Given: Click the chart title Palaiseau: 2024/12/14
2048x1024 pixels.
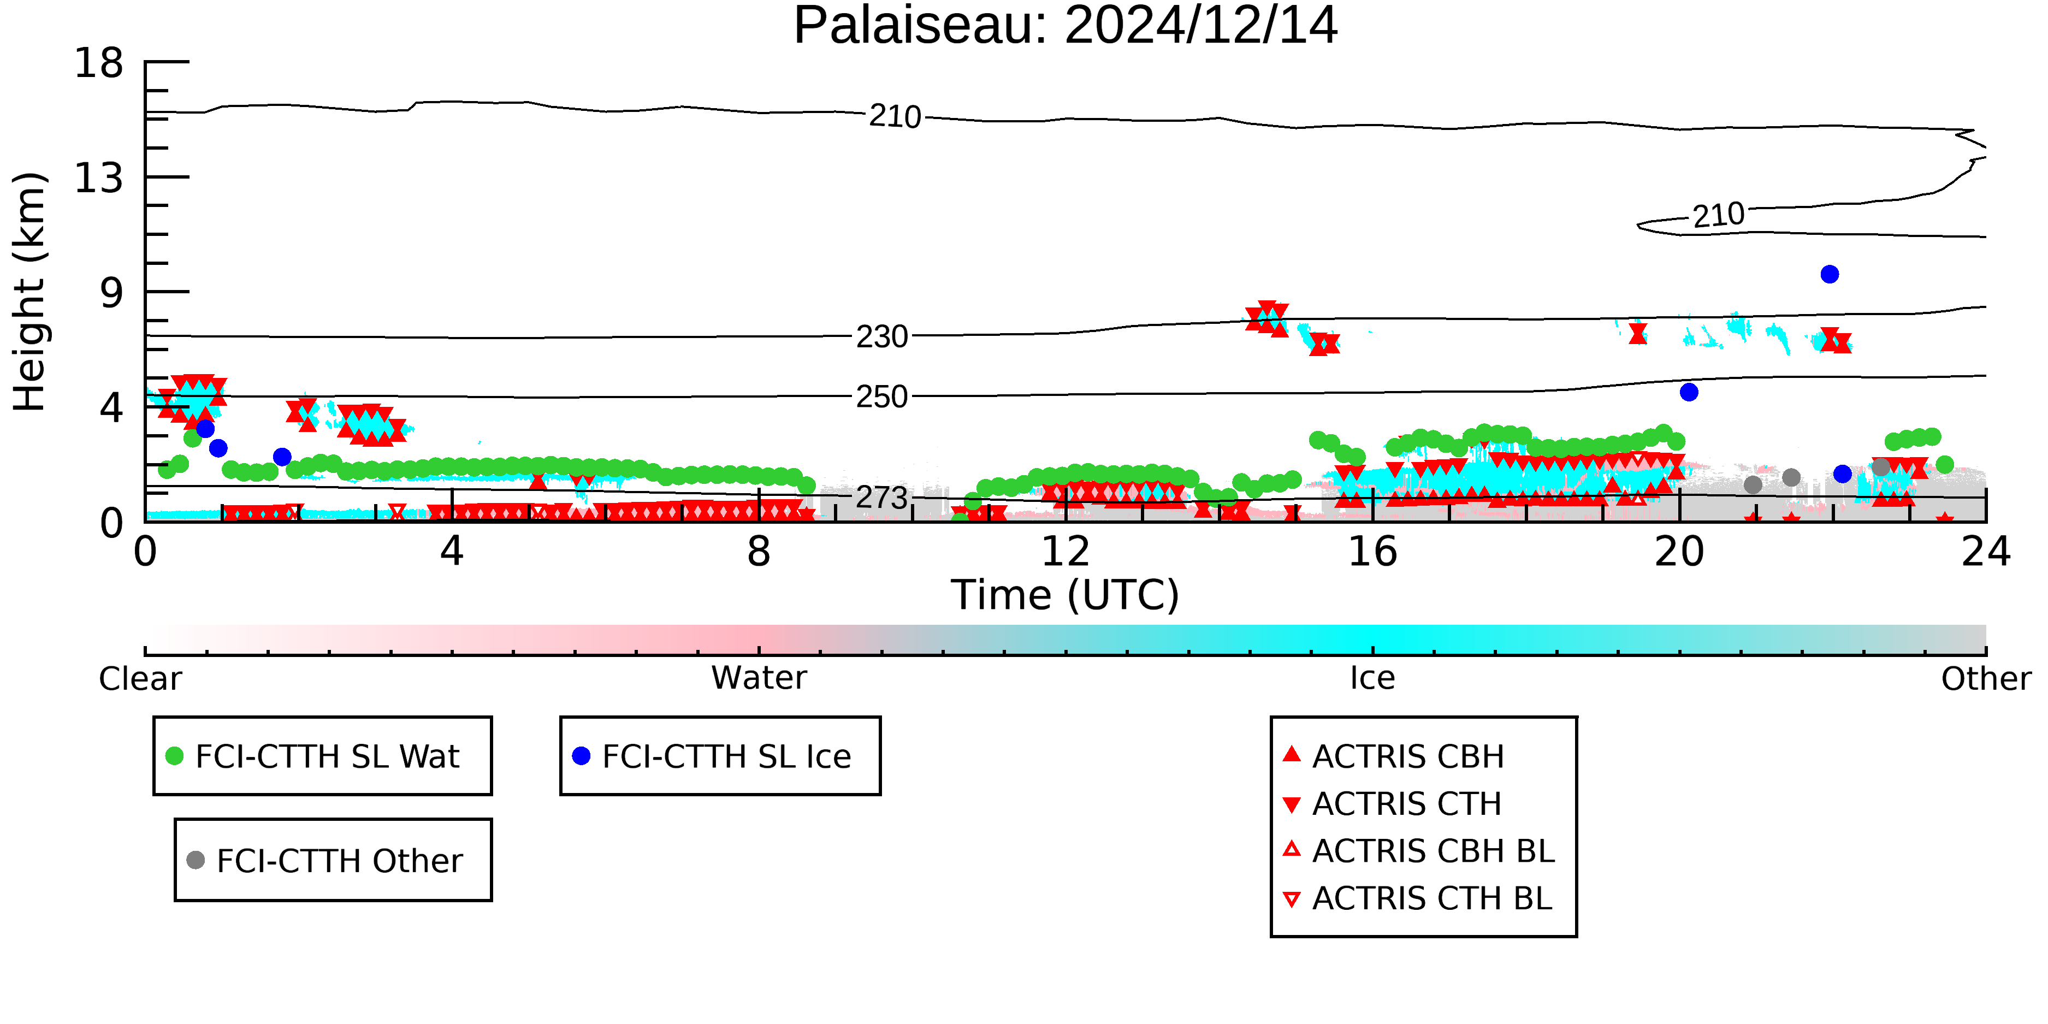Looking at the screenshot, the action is coord(1066,26).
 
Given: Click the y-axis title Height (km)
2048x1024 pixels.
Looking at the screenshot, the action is coord(29,292).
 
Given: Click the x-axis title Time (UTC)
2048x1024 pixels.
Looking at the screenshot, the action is coord(1066,595).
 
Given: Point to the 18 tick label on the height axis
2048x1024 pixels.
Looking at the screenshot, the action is coord(99,63).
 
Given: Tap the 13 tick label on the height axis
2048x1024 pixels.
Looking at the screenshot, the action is coord(99,178).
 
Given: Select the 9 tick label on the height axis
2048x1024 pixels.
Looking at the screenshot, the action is coord(112,293).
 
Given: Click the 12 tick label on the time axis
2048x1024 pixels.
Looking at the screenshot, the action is coord(1066,552).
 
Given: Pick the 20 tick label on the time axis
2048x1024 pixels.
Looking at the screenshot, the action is coord(1679,552).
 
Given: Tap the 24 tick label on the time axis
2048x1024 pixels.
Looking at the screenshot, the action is coord(1986,552).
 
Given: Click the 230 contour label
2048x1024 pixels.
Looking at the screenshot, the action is coord(881,337).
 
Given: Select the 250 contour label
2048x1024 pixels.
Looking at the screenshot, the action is coord(881,396).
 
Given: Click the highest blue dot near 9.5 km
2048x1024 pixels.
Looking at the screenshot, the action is coord(1830,274).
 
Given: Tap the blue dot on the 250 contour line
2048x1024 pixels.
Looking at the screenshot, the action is coord(1689,392).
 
